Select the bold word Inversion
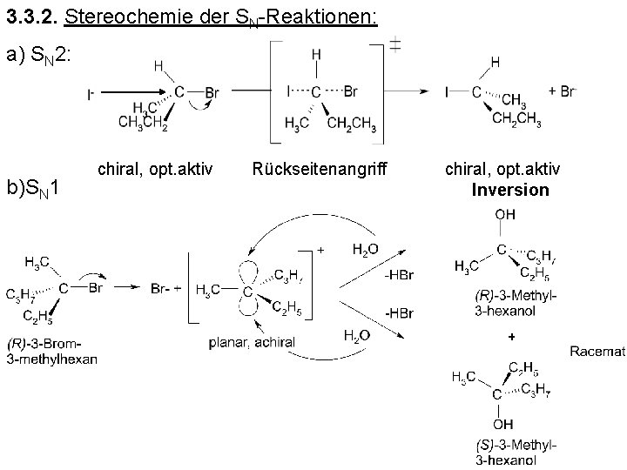(x=510, y=189)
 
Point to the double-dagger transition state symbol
(x=394, y=45)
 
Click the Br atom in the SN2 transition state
(x=351, y=90)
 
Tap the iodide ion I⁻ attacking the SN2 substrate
(x=91, y=94)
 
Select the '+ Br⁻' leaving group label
(x=562, y=90)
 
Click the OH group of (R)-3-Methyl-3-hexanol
(x=504, y=214)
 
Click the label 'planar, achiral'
(x=252, y=342)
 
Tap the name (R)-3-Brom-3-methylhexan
(x=52, y=351)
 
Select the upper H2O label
(x=365, y=249)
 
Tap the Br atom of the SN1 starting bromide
(x=101, y=285)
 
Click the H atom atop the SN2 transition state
(x=316, y=55)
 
